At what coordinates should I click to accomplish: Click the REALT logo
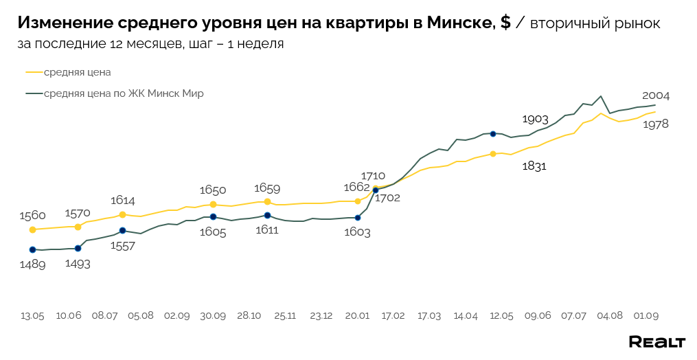657,341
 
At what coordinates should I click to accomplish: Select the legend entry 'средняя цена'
77,71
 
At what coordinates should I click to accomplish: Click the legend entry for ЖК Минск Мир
124,93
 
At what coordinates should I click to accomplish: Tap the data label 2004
655,95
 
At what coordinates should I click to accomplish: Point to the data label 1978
655,124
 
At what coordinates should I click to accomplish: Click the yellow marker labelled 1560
32,229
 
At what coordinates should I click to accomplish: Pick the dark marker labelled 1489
32,249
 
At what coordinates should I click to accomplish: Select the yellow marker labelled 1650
213,205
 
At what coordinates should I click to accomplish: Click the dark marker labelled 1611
267,215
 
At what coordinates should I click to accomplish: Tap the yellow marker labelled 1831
493,154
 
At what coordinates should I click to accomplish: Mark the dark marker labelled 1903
493,133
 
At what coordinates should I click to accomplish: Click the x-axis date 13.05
32,315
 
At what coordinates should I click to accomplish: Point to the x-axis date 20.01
357,315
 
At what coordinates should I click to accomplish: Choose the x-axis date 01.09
646,315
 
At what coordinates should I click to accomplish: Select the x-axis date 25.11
285,315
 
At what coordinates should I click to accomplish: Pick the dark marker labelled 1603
357,217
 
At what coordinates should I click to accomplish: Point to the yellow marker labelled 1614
122,214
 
